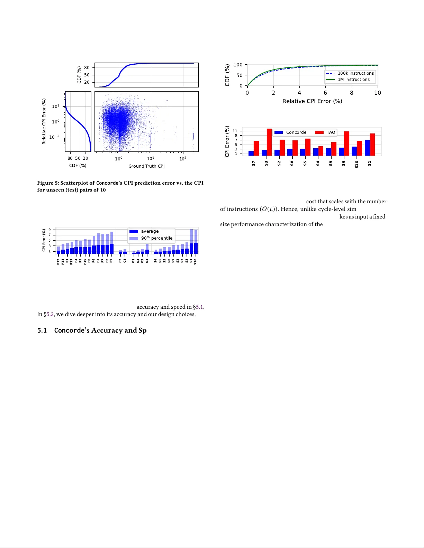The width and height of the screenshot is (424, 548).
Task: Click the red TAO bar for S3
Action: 269,142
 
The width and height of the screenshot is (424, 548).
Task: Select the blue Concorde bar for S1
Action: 367,148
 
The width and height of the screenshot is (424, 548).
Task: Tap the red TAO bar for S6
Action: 346,143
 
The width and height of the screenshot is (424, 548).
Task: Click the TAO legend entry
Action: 325,132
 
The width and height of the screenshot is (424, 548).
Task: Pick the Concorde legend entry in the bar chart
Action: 290,132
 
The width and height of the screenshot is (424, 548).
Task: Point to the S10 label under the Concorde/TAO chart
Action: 357,164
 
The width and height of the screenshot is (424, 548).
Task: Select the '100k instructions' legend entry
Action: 350,73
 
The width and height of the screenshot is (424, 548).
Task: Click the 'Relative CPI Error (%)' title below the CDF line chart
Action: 312,101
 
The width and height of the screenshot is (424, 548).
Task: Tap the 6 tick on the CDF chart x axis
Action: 325,93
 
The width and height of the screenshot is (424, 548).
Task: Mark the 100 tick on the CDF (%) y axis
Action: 238,65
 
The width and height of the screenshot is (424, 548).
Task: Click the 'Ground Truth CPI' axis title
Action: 146,166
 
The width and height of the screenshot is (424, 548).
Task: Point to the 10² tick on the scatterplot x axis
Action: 183,159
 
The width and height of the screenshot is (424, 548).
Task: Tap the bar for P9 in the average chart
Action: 111,249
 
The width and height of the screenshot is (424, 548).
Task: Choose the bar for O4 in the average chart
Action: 147,251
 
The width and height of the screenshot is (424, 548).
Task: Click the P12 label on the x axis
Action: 58,262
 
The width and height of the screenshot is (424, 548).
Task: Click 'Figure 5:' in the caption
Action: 48,183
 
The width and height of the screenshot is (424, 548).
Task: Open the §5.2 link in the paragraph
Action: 49,314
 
